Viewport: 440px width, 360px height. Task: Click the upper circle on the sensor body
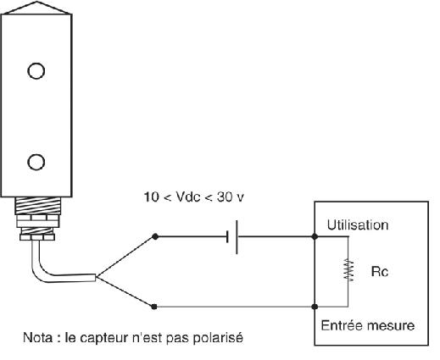36,70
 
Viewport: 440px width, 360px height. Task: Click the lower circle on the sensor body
36,161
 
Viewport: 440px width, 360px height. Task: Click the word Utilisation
358,225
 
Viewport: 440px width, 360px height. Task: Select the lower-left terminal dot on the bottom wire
154,306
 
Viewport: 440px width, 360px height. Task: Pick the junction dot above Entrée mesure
315,306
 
